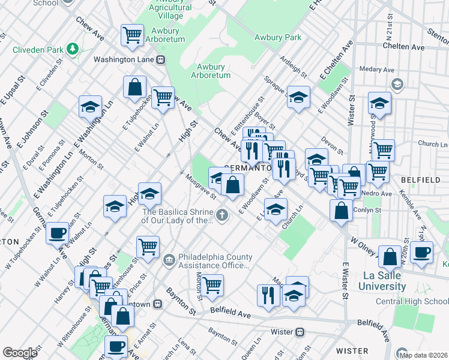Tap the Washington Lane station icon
coord(161,59)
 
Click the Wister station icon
coord(300,332)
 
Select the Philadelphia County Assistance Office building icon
coord(169,260)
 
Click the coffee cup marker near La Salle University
coord(421,252)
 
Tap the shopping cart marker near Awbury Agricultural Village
coord(132,34)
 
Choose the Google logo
coord(20,352)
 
